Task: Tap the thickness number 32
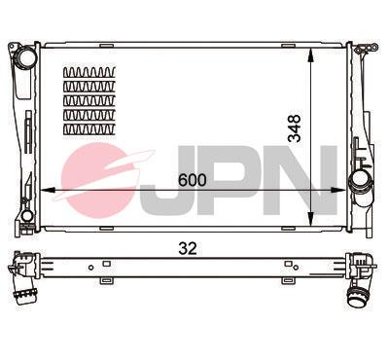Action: (x=189, y=247)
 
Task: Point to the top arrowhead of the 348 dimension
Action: (x=309, y=49)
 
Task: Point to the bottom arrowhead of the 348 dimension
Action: (x=309, y=219)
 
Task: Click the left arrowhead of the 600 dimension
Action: (x=41, y=190)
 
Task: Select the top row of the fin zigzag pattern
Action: (x=89, y=73)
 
